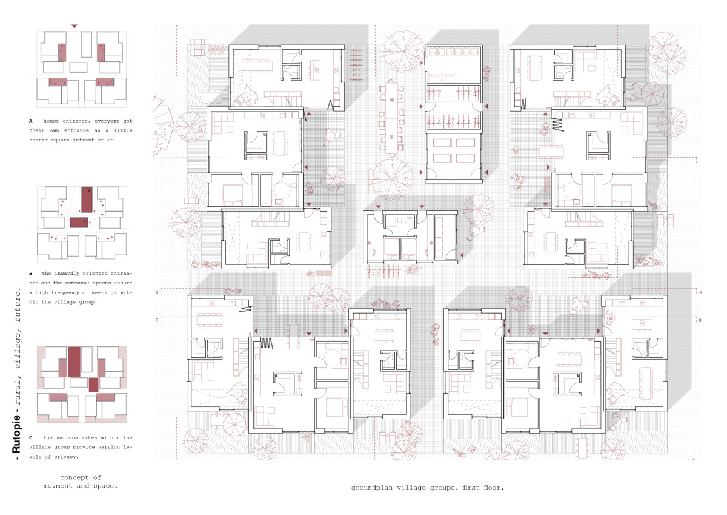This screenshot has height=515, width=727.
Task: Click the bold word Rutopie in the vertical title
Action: coord(16,434)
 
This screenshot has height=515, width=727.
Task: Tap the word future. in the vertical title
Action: coord(18,305)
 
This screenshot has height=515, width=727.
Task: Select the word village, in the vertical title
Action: coord(18,349)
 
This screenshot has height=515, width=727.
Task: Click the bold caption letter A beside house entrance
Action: coord(31,121)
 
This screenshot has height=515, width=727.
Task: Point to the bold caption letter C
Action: coord(31,438)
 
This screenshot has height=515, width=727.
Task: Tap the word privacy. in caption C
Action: coord(66,457)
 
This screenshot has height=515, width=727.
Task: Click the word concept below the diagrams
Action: coord(75,477)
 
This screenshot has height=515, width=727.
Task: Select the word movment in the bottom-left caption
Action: coord(58,486)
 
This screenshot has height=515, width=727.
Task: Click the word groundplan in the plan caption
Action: coord(373,488)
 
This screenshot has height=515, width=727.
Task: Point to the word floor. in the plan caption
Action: coord(494,488)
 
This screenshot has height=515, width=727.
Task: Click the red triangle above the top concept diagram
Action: coord(75,26)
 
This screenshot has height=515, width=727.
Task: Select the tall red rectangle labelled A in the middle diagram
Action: coord(87,200)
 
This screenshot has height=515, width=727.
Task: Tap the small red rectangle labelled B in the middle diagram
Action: coord(79,223)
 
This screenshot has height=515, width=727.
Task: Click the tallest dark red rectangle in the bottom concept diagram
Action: coord(74,362)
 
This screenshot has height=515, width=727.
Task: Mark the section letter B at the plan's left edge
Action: coord(157,320)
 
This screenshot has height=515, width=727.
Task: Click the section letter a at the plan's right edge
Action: coord(700,292)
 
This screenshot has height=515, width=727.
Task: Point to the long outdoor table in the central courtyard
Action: coord(391,118)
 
